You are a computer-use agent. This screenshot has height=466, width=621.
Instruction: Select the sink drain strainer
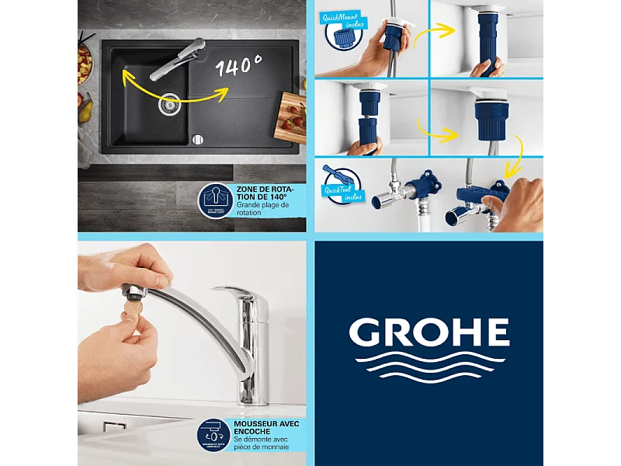pyautogui.click(x=169, y=104)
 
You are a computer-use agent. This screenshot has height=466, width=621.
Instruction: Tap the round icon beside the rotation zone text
pyautogui.click(x=216, y=200)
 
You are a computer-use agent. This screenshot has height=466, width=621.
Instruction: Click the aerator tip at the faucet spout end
pyautogui.click(x=135, y=291)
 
